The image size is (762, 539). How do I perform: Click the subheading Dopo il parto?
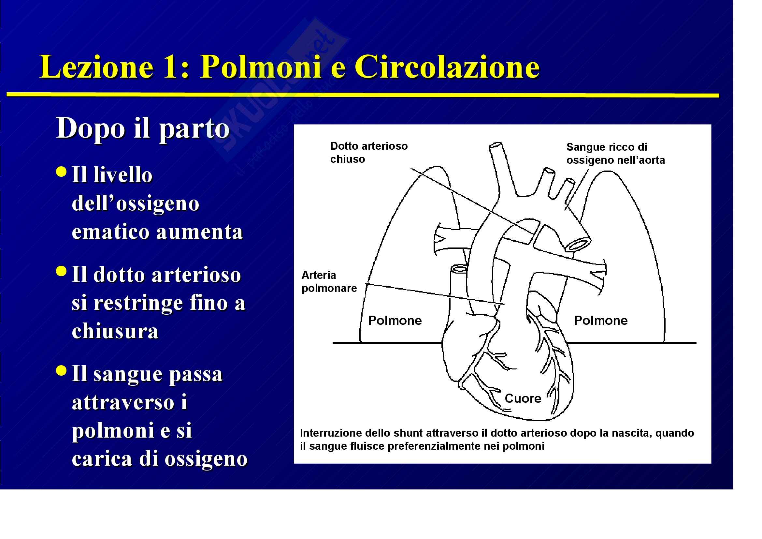click(143, 128)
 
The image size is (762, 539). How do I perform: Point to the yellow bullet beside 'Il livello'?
click(61, 172)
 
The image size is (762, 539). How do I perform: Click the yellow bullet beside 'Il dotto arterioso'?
click(61, 271)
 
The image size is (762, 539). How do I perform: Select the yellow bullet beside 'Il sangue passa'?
click(61, 370)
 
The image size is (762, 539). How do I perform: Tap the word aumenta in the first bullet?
click(200, 232)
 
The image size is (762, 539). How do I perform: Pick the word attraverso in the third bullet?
click(123, 402)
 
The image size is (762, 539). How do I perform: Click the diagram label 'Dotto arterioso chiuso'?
click(368, 152)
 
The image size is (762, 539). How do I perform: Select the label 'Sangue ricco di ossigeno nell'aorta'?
click(615, 154)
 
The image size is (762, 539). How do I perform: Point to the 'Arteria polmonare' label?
click(329, 282)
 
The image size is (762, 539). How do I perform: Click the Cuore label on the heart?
click(523, 398)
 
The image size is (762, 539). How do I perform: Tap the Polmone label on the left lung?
click(395, 321)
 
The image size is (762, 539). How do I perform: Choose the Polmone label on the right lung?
click(601, 321)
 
